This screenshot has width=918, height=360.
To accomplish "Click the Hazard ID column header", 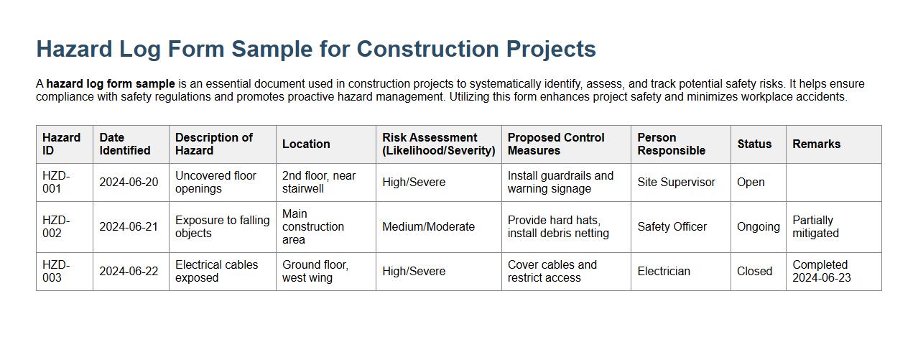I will [62, 144].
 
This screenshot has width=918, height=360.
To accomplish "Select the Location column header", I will [306, 144].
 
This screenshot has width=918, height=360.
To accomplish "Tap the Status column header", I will [754, 144].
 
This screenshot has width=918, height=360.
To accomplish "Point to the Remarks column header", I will [816, 144].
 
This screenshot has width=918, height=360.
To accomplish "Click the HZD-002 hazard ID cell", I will [56, 226].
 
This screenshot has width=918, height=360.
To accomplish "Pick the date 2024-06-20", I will [129, 183].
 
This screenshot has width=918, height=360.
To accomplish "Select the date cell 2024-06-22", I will [129, 272].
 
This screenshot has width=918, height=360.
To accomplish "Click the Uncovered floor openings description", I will [215, 183].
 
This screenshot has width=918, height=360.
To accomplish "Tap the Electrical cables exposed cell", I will [216, 272].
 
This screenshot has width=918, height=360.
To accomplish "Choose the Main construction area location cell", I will [313, 226].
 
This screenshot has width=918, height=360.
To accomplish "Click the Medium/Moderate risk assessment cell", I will [428, 227].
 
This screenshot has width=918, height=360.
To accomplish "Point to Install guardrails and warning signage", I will [560, 183].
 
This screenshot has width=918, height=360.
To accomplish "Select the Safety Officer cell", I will [672, 227].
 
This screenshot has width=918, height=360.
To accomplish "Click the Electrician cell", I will [664, 272].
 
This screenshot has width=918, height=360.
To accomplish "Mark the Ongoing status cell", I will [758, 227].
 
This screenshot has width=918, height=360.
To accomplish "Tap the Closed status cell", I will [754, 272].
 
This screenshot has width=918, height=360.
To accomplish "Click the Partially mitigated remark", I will [815, 226].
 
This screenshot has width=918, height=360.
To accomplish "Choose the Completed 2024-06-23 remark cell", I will [821, 272].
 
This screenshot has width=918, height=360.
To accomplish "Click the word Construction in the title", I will [428, 49].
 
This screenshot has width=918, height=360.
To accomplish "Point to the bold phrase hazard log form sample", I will [111, 84].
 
